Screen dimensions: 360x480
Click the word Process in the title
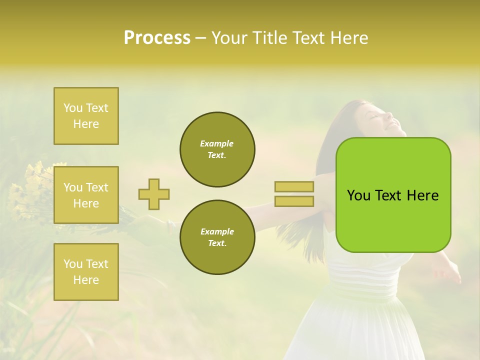(157, 37)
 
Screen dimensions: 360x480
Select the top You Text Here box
(86, 116)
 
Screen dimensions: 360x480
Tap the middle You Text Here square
(86, 195)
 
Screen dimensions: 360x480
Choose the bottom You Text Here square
(86, 271)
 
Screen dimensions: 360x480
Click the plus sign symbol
(154, 194)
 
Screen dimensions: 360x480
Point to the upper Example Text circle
(217, 149)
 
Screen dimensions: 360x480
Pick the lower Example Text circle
(217, 237)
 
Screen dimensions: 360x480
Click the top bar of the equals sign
(294, 186)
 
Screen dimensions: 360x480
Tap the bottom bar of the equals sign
(294, 201)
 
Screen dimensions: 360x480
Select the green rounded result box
(393, 195)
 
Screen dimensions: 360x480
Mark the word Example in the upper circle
(216, 143)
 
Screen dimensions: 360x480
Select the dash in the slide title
(200, 37)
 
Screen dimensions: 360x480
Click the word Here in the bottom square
(86, 279)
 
